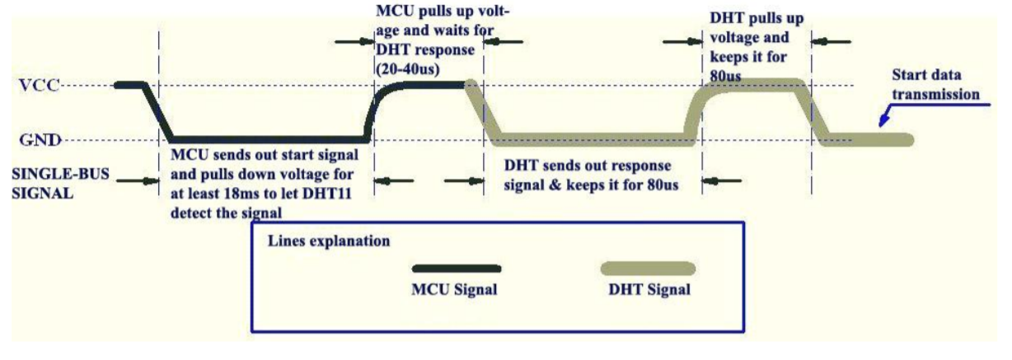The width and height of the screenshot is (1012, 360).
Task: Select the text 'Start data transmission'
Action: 939,86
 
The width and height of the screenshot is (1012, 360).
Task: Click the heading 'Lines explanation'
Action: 328,244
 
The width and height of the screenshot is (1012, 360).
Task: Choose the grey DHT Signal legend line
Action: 648,269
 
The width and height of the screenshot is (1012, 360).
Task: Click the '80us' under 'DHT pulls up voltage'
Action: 726,76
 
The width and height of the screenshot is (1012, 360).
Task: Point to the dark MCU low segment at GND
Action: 264,138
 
